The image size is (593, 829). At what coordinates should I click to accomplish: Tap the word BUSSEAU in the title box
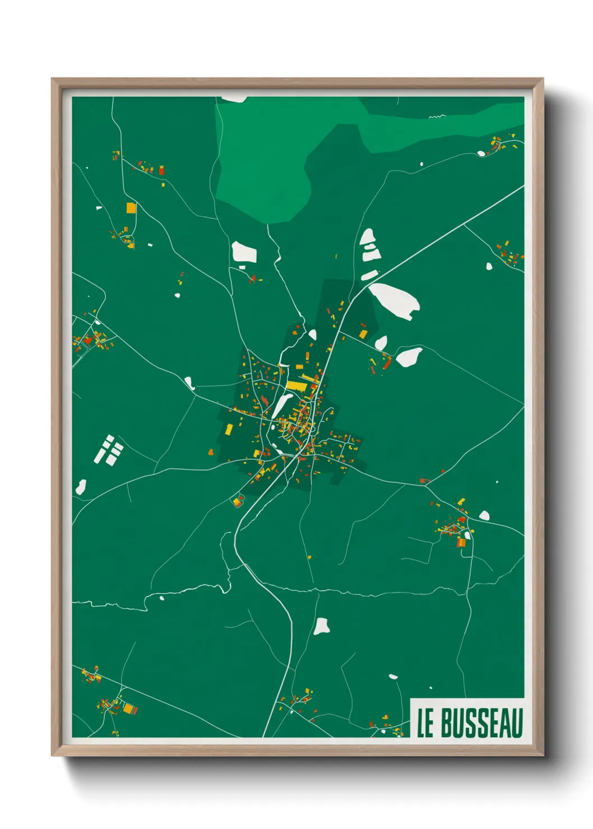[481, 723]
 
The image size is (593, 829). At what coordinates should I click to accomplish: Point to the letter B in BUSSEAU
[447, 723]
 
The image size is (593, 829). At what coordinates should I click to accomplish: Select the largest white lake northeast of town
[395, 300]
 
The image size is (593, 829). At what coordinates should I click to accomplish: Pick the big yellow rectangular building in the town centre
[296, 386]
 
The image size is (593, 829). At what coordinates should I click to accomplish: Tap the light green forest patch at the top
[263, 162]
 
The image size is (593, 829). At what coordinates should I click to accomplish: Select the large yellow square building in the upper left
[131, 208]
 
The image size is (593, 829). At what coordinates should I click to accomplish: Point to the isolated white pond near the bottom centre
[321, 626]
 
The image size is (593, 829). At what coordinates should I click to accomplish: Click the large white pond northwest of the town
[244, 253]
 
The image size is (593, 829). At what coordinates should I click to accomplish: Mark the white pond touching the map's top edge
[234, 99]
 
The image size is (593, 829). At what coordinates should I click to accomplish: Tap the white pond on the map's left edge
[81, 487]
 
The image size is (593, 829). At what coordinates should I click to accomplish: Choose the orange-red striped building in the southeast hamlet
[461, 542]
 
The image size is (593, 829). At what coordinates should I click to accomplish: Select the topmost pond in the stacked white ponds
[368, 236]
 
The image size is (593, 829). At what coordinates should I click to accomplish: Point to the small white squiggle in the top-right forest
[437, 117]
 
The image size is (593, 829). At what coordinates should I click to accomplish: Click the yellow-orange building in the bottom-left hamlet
[128, 709]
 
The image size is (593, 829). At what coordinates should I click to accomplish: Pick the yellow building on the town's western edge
[229, 429]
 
